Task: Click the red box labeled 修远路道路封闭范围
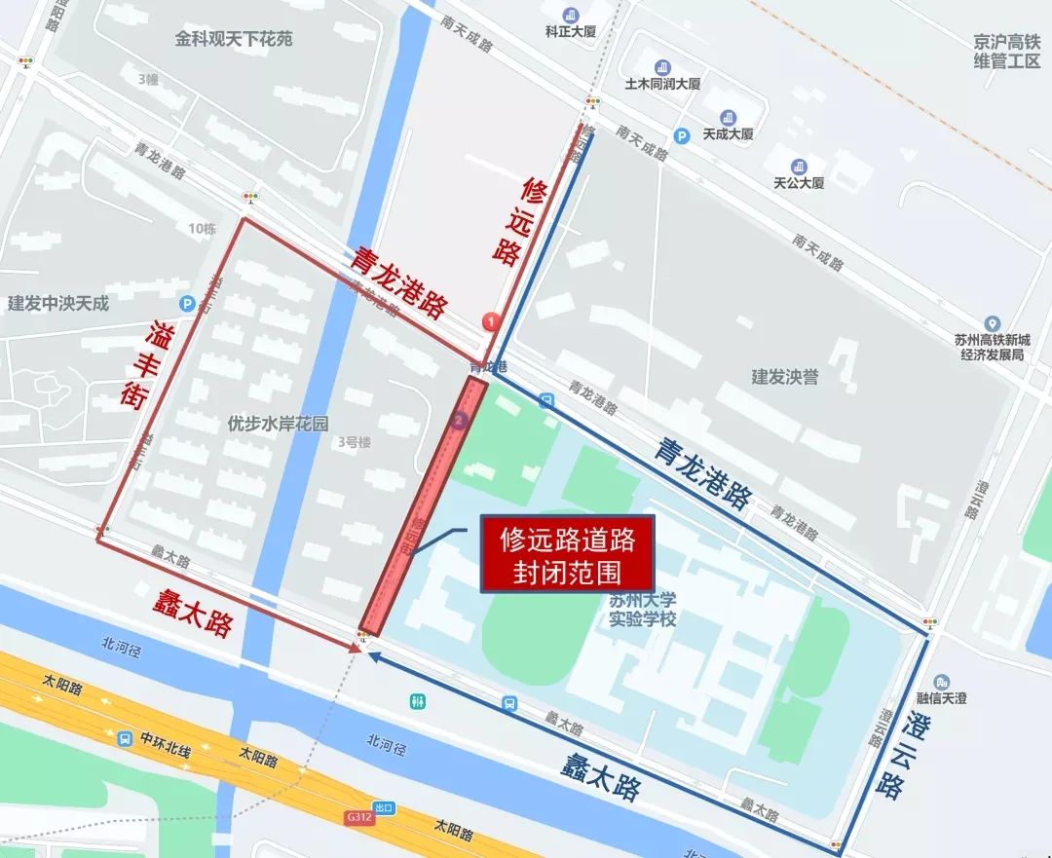[566, 553]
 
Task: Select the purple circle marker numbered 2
[460, 421]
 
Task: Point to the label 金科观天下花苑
[234, 39]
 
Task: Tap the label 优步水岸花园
[278, 424]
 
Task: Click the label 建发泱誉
[784, 377]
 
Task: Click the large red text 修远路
[519, 221]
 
